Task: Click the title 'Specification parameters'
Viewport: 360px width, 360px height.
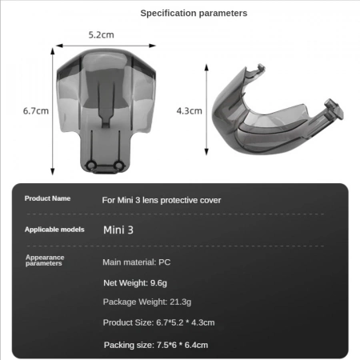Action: [x=194, y=13]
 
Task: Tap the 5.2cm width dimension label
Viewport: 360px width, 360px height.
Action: [x=100, y=35]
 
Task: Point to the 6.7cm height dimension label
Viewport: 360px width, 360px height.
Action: [x=36, y=110]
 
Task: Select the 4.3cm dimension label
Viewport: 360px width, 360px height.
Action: [x=189, y=110]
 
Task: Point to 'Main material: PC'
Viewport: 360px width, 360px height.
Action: [x=137, y=262]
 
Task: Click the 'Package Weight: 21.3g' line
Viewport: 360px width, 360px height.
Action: [x=147, y=302]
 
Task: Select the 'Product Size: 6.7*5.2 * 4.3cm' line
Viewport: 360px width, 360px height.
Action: [x=158, y=322]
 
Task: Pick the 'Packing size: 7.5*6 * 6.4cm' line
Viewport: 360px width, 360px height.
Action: [x=156, y=344]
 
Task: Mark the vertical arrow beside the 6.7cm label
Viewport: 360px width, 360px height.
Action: [x=53, y=110]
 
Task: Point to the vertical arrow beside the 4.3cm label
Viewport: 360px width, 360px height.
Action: [x=210, y=110]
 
